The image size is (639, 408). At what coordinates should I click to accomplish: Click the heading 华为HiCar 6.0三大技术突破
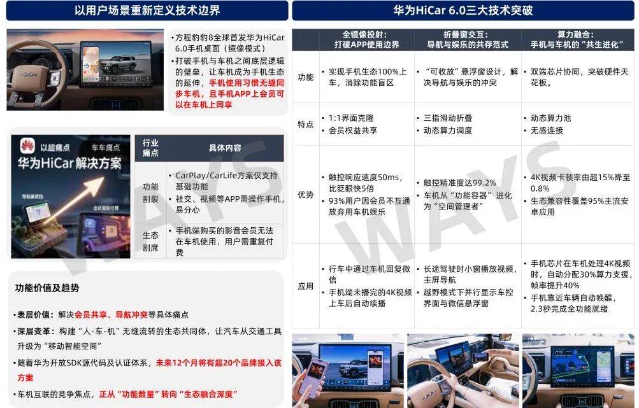pos(463,10)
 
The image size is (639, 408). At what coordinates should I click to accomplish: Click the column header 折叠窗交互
pos(467,39)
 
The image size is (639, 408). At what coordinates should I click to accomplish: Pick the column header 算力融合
pos(577,39)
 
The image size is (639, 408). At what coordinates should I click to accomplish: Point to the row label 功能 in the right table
pos(306,77)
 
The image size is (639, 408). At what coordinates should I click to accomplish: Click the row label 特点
pos(306,124)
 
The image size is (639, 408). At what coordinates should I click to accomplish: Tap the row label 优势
pos(306,194)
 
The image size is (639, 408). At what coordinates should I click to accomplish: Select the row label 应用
pos(306,286)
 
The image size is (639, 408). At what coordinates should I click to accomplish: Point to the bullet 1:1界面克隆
pos(351,118)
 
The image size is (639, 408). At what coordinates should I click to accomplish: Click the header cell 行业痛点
pos(150,148)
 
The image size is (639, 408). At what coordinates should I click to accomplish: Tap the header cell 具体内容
pos(225,148)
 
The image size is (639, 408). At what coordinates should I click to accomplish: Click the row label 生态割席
pos(150,241)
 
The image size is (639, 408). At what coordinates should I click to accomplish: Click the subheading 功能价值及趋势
pos(47,288)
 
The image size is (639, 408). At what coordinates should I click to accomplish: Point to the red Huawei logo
pos(27,145)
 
